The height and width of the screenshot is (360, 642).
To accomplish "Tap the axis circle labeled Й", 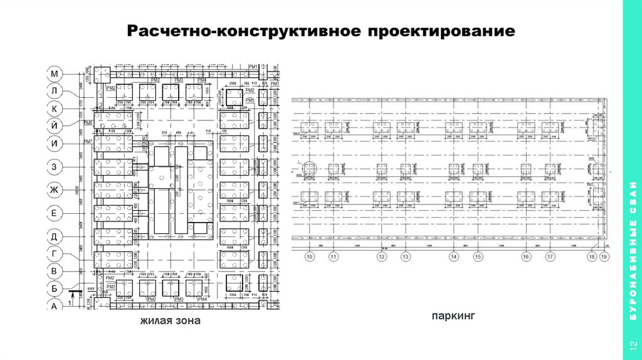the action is pos(54,125).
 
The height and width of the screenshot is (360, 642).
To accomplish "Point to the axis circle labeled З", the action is pos(54,167).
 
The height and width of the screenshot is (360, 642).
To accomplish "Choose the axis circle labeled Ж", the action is pos(54,189).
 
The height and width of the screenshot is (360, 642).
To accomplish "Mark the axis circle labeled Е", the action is pos(54,214).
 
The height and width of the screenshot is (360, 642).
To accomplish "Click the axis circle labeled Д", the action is pos(54,236).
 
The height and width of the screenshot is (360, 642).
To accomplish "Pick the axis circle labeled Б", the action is pos(54,289).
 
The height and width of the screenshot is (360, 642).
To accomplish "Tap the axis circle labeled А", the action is pos(54,305).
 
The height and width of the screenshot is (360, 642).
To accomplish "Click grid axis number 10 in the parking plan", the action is pos(308,257).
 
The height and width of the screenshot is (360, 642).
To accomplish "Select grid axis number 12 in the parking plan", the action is pos(381,257).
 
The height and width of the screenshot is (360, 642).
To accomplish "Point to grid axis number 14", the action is pos(453,257).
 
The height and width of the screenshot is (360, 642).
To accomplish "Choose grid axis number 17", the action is pos(550,257).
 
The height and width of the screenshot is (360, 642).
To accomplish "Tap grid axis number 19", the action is pos(604,257).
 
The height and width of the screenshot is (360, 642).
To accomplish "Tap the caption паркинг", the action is pos(450,317).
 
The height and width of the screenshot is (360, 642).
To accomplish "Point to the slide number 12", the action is pos(632,344).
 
